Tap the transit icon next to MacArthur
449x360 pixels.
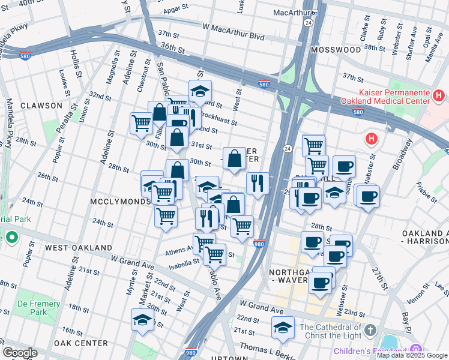[x=314, y=13]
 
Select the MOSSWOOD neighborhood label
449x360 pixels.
[x=336, y=50]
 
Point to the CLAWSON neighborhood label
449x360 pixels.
[x=41, y=106]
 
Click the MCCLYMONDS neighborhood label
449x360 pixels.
[x=120, y=202]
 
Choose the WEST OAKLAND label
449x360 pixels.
[x=79, y=247]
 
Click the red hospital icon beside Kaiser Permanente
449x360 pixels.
[x=439, y=95]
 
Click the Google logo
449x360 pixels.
[x=20, y=352]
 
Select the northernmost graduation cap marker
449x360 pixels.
[x=200, y=92]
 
